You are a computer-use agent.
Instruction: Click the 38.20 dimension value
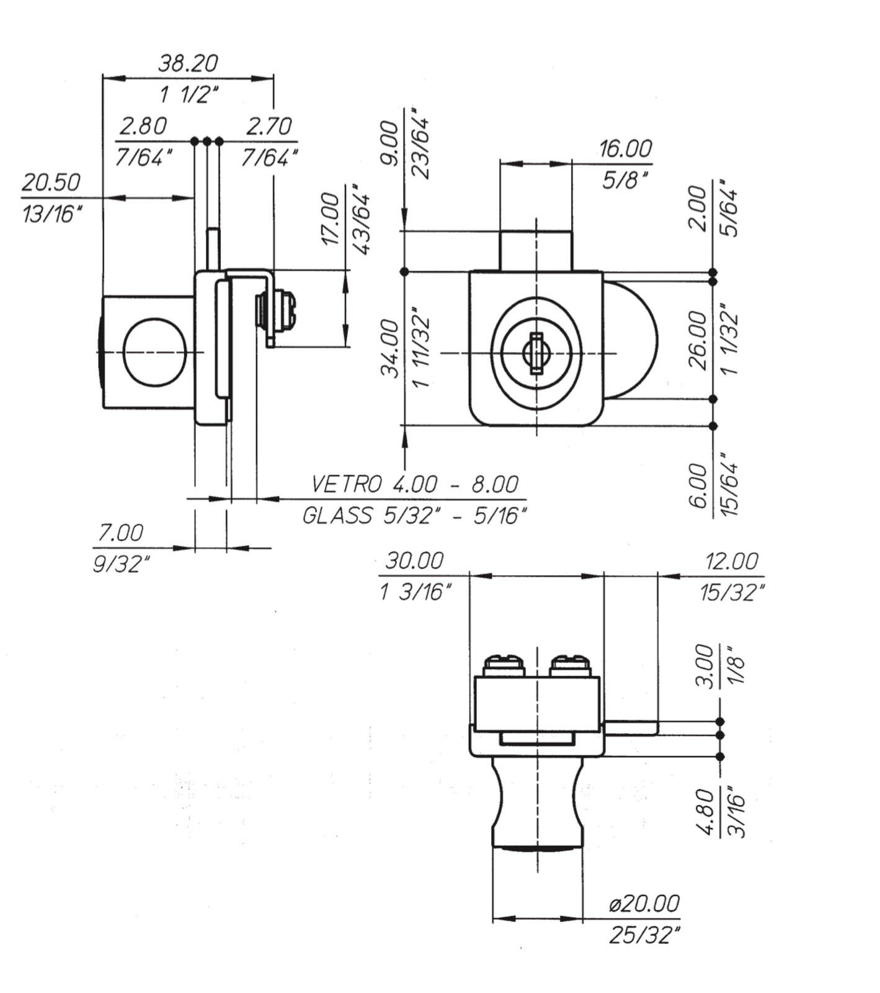[x=188, y=63]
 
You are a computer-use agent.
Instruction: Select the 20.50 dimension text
[x=51, y=182]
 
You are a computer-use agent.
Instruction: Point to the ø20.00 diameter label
[x=644, y=903]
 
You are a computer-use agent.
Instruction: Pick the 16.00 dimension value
[x=625, y=149]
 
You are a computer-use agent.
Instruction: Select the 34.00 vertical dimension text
[x=389, y=348]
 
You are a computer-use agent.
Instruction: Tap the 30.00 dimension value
[x=414, y=561]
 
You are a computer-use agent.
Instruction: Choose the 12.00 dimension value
[x=731, y=561]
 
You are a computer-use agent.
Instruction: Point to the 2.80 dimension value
[x=143, y=126]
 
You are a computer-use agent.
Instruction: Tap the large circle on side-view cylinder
[x=154, y=352]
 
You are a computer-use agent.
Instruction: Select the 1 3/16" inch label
[x=414, y=592]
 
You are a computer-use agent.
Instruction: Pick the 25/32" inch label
[x=644, y=935]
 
